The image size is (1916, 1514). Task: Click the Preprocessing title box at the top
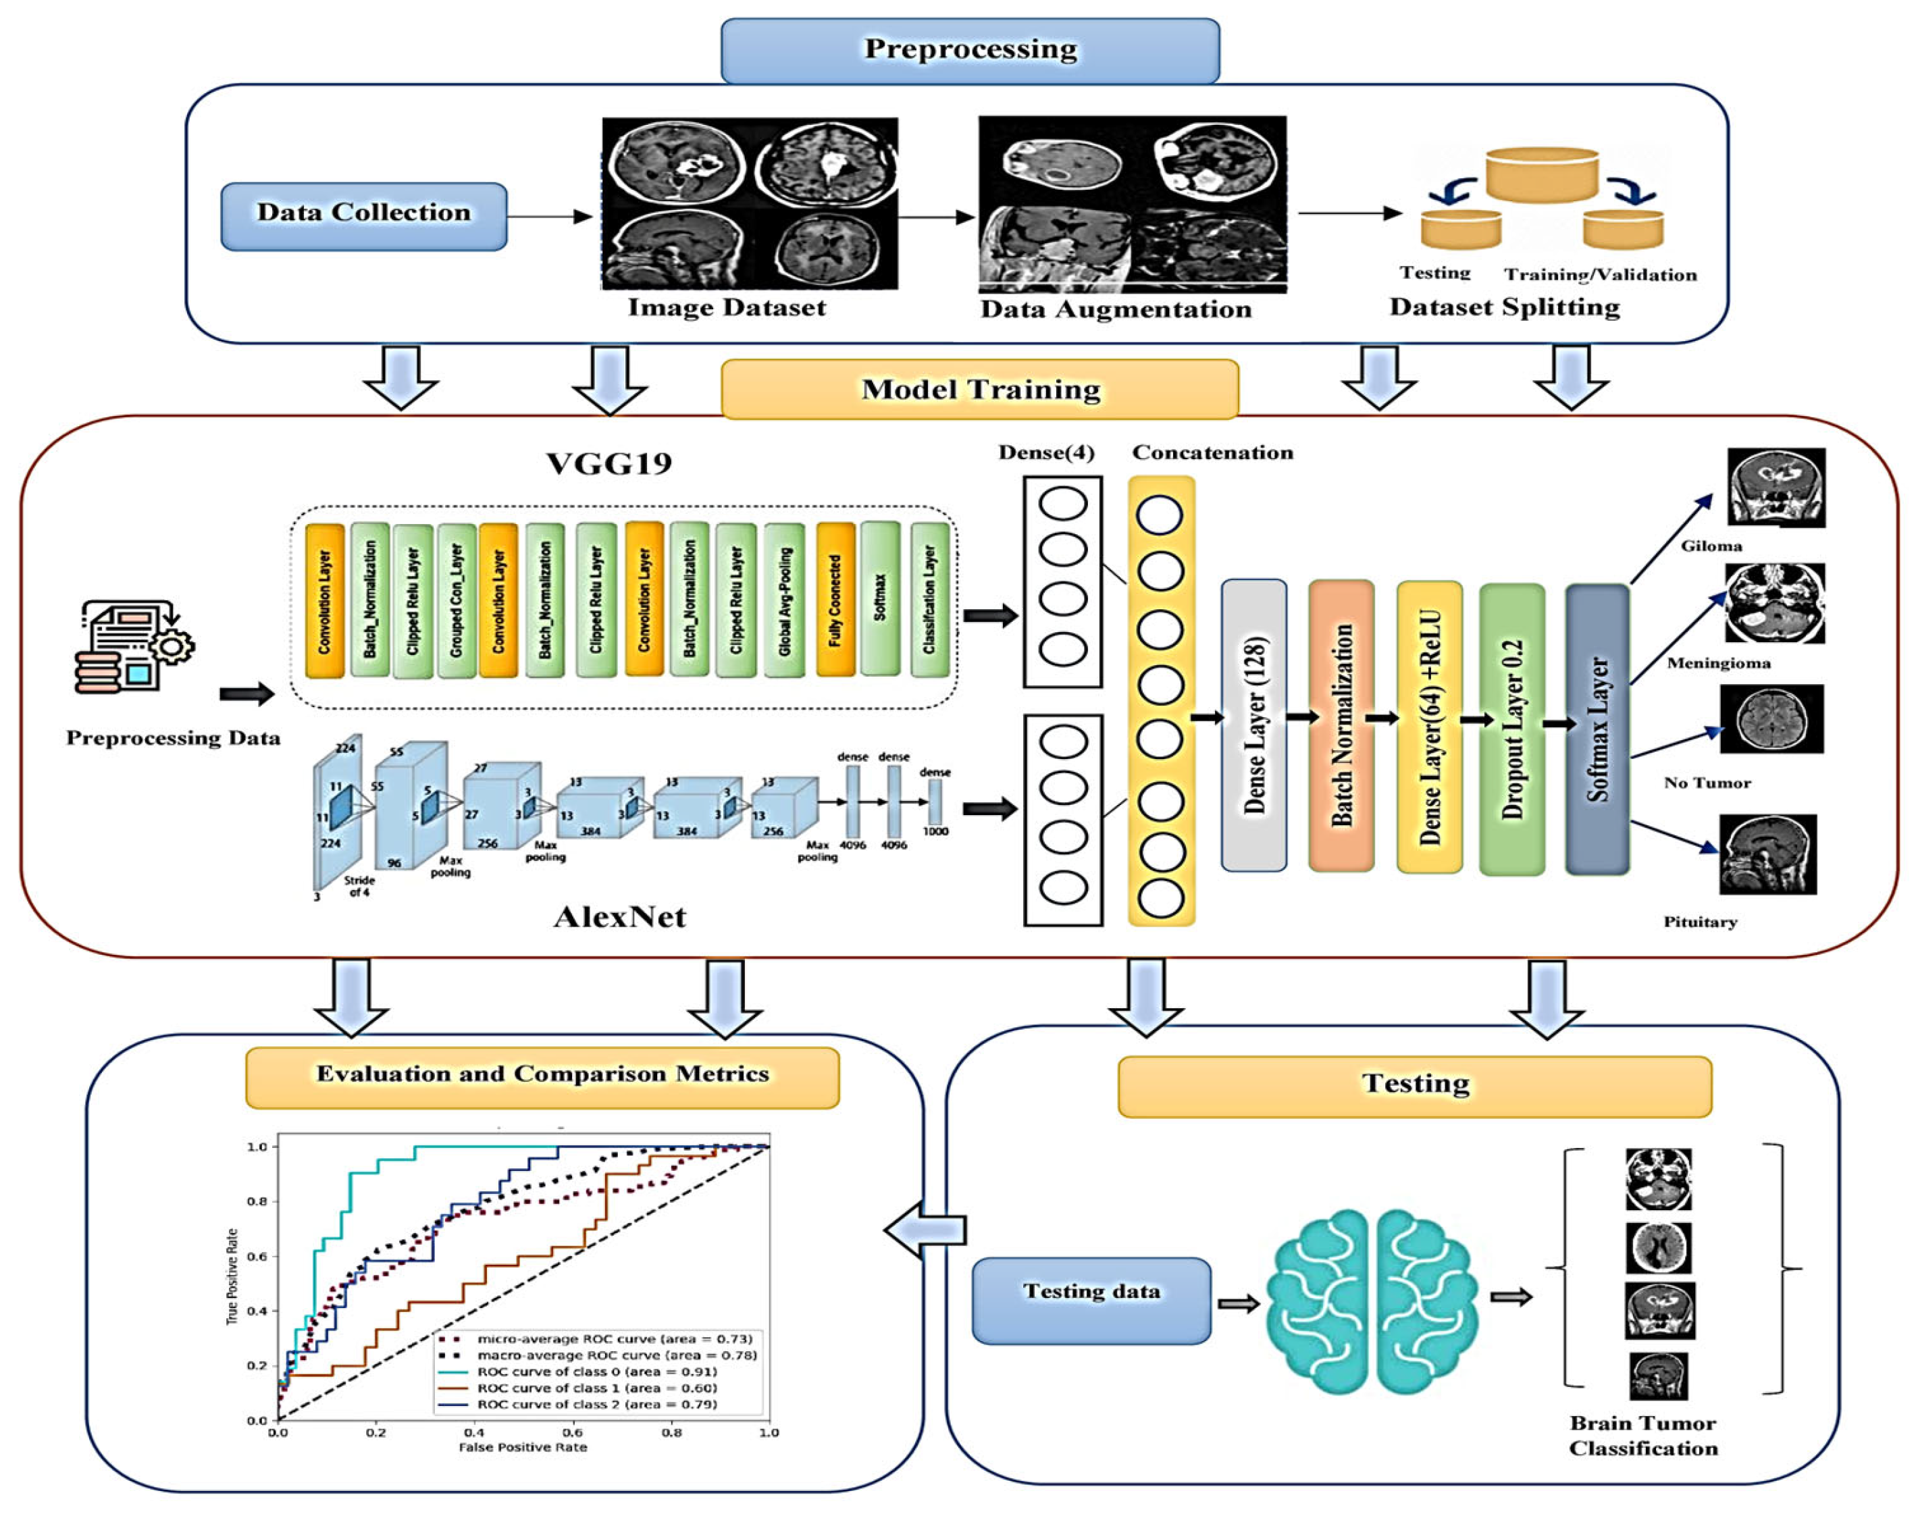pyautogui.click(x=970, y=51)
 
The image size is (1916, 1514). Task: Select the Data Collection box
pyautogui.click(x=363, y=215)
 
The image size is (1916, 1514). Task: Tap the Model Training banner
pyautogui.click(x=980, y=389)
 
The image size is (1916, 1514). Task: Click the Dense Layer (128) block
pyautogui.click(x=1253, y=725)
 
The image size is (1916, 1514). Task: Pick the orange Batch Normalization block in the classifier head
pyautogui.click(x=1341, y=725)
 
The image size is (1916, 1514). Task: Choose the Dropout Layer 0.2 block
pyautogui.click(x=1511, y=729)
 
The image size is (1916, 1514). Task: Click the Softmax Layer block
pyautogui.click(x=1597, y=729)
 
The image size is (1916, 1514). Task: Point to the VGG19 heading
pyautogui.click(x=609, y=464)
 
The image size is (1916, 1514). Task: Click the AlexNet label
pyautogui.click(x=620, y=916)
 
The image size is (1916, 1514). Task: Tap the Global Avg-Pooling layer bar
pyautogui.click(x=785, y=600)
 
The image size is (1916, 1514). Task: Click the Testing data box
pyautogui.click(x=1091, y=1299)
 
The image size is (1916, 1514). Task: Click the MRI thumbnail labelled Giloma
pyautogui.click(x=1777, y=487)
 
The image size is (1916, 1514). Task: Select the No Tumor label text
pyautogui.click(x=1707, y=783)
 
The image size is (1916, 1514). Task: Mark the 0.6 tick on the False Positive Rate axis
pyautogui.click(x=573, y=1432)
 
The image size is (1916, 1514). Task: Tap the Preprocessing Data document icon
pyautogui.click(x=133, y=647)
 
